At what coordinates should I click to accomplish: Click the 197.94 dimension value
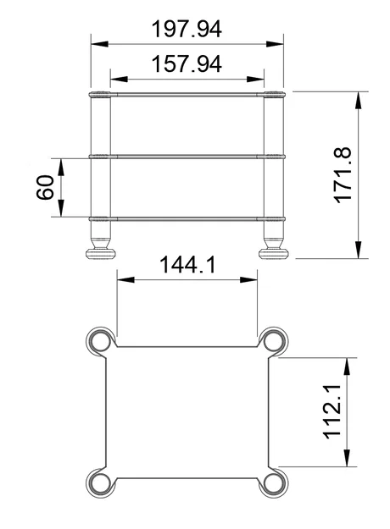[187, 29]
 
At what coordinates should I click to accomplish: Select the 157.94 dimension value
[187, 64]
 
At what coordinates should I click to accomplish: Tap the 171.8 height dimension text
[343, 174]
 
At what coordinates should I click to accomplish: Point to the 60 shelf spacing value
[46, 188]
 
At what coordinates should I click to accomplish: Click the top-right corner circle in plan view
[274, 341]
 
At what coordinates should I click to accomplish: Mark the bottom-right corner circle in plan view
[274, 484]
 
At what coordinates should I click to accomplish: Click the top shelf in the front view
[187, 94]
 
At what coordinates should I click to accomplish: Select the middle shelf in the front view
[187, 156]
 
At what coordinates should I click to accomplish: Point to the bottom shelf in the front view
[187, 218]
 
